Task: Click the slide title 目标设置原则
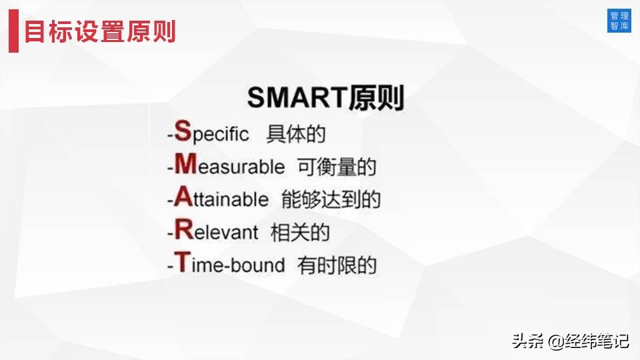(100, 31)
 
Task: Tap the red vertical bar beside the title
(13, 31)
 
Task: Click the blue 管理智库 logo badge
(619, 21)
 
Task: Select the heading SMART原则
(325, 98)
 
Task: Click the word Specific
(212, 133)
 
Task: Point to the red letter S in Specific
(182, 131)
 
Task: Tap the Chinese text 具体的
(295, 133)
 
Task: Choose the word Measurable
(230, 166)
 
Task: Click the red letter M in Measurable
(185, 164)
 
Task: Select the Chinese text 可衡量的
(336, 166)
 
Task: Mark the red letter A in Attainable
(183, 197)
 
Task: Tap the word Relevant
(217, 231)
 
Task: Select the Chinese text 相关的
(300, 232)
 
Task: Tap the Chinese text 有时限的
(337, 265)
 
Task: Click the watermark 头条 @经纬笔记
(570, 341)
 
